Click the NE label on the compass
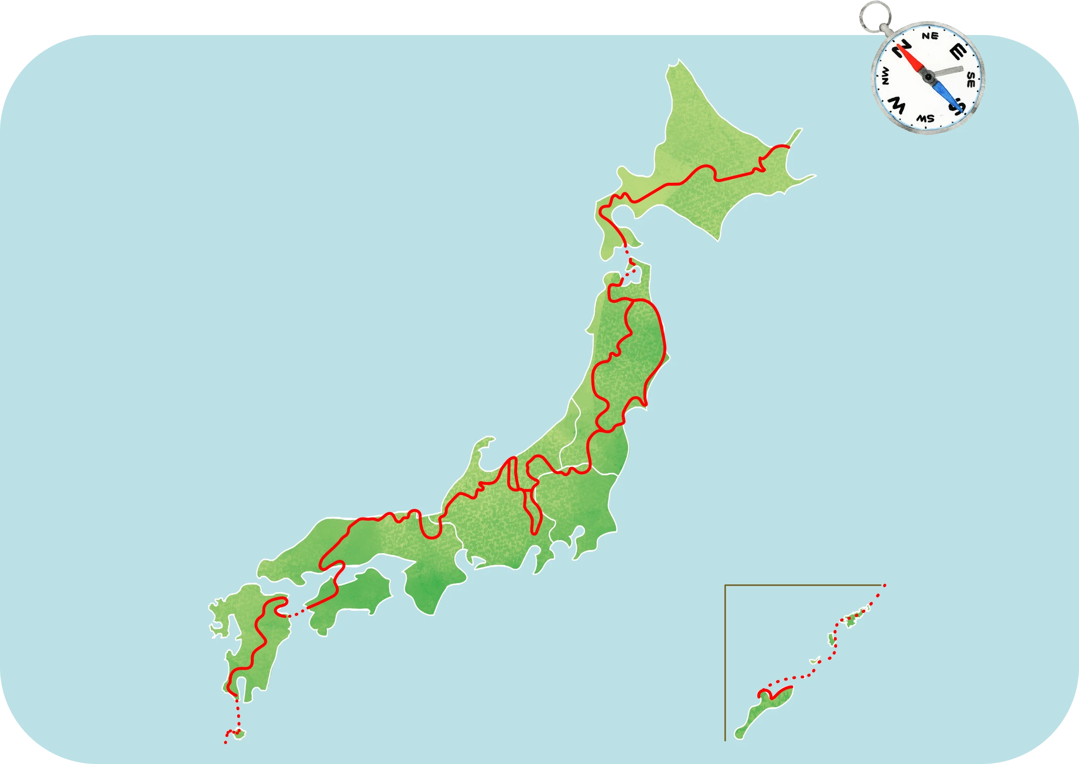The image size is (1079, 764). pyautogui.click(x=930, y=36)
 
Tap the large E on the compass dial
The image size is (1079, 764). pyautogui.click(x=957, y=52)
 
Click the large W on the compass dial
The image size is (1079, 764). pyautogui.click(x=897, y=104)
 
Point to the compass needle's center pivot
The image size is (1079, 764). pyautogui.click(x=928, y=77)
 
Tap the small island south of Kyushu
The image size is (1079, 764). pyautogui.click(x=239, y=734)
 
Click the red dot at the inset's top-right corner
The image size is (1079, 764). pyautogui.click(x=885, y=585)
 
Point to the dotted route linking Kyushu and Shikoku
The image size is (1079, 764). pyautogui.click(x=297, y=612)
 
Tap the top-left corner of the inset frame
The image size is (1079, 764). pyautogui.click(x=725, y=585)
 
